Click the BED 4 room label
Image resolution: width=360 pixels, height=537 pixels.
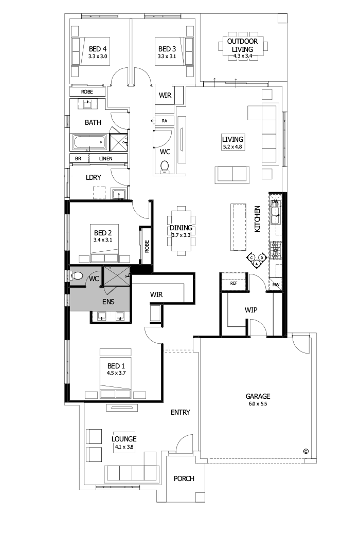click(x=97, y=49)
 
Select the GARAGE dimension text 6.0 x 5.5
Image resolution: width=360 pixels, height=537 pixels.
click(x=257, y=404)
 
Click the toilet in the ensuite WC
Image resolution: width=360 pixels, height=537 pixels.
click(x=78, y=276)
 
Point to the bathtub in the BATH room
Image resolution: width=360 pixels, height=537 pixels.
click(x=89, y=141)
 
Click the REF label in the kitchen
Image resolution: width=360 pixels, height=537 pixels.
click(x=233, y=283)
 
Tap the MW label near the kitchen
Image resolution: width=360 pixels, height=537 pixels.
click(x=276, y=284)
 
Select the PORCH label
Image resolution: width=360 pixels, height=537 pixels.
click(x=184, y=478)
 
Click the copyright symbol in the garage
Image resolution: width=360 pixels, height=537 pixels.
click(x=305, y=451)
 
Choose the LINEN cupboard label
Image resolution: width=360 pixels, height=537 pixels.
click(x=106, y=159)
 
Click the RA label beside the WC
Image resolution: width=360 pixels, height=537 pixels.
click(x=165, y=121)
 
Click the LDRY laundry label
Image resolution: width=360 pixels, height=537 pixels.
click(x=93, y=177)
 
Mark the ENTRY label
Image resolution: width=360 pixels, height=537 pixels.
click(x=180, y=412)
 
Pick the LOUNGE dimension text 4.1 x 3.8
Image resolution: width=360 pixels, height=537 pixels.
click(x=124, y=447)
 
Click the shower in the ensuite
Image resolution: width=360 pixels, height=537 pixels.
click(x=117, y=277)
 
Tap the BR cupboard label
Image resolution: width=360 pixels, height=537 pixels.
click(x=78, y=159)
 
